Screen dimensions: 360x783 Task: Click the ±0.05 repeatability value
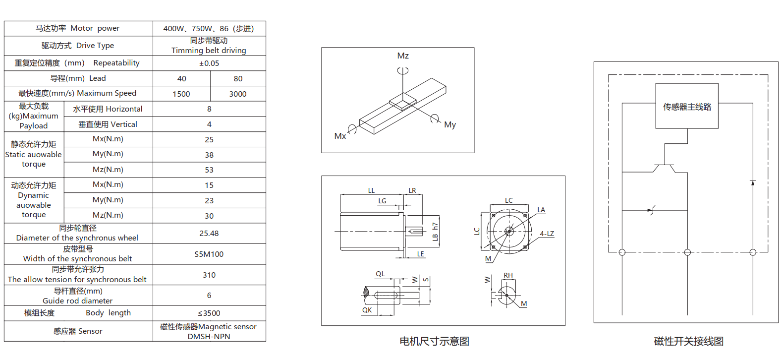point(209,63)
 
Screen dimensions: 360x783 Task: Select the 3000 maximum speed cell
point(238,94)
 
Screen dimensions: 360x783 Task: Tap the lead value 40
point(182,78)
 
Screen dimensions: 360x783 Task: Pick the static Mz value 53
point(209,170)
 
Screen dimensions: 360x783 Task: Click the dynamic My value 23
point(209,201)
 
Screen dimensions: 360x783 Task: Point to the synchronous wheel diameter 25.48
point(209,233)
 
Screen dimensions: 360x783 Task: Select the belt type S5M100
point(209,254)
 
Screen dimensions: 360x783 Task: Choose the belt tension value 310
point(209,275)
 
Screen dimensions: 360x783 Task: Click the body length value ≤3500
point(209,313)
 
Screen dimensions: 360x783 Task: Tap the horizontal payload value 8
point(209,109)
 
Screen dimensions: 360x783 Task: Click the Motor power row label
point(78,28)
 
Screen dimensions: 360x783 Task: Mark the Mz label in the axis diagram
point(403,56)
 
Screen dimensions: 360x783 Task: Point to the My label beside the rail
point(450,125)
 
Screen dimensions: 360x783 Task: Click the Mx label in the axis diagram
point(340,136)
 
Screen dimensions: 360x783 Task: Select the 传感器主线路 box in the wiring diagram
point(687,107)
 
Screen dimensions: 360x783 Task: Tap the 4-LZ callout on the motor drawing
point(547,234)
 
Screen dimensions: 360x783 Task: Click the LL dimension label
point(371,190)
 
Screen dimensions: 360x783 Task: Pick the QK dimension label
point(367,310)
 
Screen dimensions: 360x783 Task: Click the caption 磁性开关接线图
point(689,341)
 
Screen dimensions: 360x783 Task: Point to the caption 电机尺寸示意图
point(434,341)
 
